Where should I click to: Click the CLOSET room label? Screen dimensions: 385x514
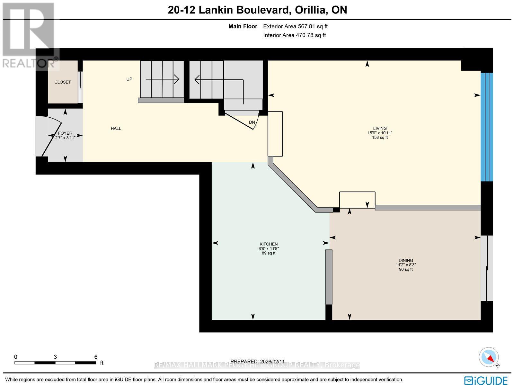pos(63,82)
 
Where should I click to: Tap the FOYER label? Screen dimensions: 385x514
pos(65,133)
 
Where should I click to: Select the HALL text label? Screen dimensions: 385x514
pos(116,129)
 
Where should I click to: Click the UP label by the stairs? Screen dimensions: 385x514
pos(129,79)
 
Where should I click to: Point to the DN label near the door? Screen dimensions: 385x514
pos(252,122)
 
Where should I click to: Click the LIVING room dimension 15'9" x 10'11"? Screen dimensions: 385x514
pos(380,133)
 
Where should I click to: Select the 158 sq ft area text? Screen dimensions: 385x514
pos(380,138)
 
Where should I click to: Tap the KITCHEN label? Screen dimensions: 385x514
pos(269,244)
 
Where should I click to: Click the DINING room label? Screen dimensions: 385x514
pos(406,261)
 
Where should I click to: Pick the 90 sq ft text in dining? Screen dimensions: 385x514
pos(406,270)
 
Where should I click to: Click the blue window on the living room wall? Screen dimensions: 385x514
pos(486,127)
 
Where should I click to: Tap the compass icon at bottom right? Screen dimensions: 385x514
pos(489,357)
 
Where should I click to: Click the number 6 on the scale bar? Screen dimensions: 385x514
pos(96,357)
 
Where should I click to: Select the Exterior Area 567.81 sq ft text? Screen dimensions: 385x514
pos(295,27)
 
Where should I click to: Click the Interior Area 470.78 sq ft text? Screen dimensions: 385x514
pos(294,35)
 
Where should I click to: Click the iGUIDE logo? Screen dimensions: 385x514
pos(486,380)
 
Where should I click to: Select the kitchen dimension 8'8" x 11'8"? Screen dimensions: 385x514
pos(269,249)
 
